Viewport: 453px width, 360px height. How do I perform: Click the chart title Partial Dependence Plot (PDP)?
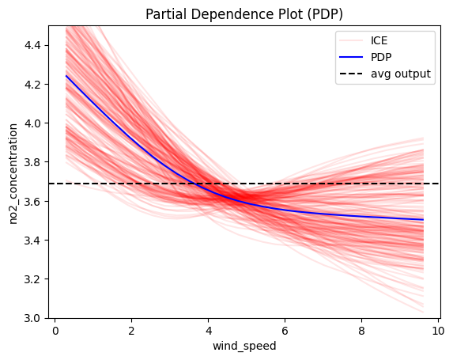click(244, 14)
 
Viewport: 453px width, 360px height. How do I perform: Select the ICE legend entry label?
click(379, 40)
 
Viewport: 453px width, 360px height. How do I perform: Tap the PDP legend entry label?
click(381, 57)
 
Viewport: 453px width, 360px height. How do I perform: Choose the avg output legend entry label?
click(401, 74)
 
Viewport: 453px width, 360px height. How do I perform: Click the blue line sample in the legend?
click(351, 57)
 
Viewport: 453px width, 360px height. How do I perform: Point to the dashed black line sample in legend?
click(351, 74)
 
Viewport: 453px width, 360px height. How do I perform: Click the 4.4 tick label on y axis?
click(32, 45)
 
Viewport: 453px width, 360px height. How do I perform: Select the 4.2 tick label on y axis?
click(32, 85)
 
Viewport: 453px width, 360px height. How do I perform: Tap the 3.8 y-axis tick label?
click(32, 162)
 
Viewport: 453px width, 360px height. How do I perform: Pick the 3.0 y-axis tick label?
click(32, 318)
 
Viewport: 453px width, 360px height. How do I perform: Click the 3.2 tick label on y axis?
click(32, 279)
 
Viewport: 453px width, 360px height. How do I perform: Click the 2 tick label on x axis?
click(131, 331)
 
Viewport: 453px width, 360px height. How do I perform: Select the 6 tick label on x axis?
click(285, 331)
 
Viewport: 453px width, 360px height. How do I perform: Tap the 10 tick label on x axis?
click(438, 331)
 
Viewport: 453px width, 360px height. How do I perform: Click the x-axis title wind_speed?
click(244, 346)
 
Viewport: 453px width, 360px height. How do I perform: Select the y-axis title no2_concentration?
click(13, 174)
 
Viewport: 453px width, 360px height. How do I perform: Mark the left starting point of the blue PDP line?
click(66, 76)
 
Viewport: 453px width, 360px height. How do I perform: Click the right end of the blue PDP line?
click(423, 220)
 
